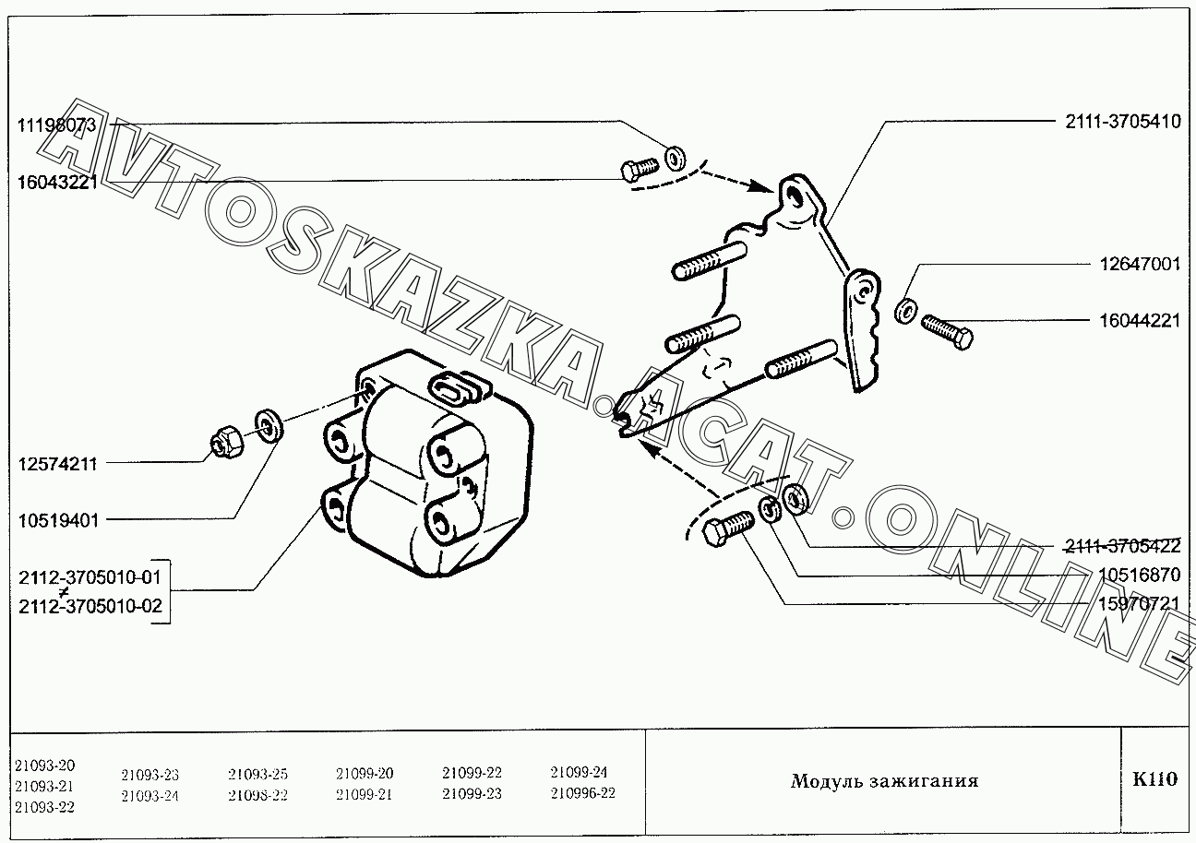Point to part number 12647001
coord(1139,265)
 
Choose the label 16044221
coord(1139,321)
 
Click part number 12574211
coord(57,463)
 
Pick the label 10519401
coord(57,520)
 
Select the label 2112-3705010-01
coord(90,577)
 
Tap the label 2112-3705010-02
coord(90,607)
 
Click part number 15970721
coord(1139,603)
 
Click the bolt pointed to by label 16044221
coord(946,330)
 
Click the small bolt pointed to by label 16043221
coord(638,169)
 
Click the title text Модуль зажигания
coord(883,781)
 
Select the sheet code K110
coord(1154,779)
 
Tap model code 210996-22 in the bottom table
coord(582,792)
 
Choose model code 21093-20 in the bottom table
coord(45,766)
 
